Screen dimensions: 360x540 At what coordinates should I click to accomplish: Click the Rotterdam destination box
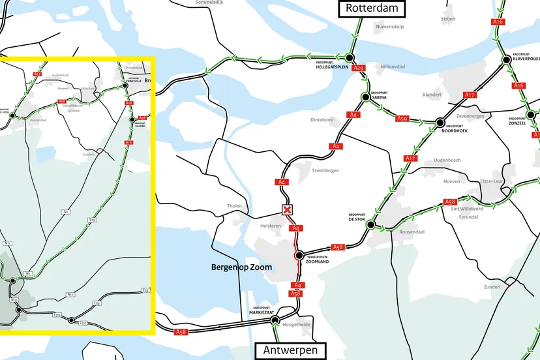371,8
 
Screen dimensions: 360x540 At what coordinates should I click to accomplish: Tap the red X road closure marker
286,209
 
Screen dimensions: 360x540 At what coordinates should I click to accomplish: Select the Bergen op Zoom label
241,267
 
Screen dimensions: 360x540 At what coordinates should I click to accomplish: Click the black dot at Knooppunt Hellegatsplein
350,57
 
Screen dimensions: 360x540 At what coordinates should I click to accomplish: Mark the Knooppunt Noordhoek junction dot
440,122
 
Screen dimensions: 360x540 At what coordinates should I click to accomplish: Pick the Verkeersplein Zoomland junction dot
299,256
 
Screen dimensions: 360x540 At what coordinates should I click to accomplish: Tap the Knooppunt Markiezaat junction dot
275,320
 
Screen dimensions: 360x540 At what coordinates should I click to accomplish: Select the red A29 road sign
357,68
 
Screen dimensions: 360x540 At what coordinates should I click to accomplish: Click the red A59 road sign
402,119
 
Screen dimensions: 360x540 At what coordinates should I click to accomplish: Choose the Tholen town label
234,206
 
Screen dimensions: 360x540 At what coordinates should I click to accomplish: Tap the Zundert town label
492,287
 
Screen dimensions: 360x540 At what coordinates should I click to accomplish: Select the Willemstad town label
393,67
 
